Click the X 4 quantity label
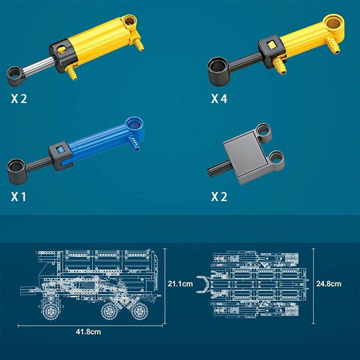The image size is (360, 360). [x=219, y=99]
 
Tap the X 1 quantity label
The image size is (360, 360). [x=19, y=197]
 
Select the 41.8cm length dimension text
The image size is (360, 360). [x=88, y=332]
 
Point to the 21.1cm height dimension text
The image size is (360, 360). [x=180, y=284]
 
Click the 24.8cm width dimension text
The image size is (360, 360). [x=329, y=284]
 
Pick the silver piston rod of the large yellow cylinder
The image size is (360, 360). [x=39, y=66]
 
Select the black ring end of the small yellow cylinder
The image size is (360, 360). [x=218, y=71]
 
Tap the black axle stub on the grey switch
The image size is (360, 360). [x=217, y=169]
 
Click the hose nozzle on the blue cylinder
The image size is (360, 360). [x=134, y=144]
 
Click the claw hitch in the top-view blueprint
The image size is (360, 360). [x=204, y=284]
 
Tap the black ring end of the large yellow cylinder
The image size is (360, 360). [x=15, y=76]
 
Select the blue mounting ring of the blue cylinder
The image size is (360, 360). [x=134, y=126]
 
